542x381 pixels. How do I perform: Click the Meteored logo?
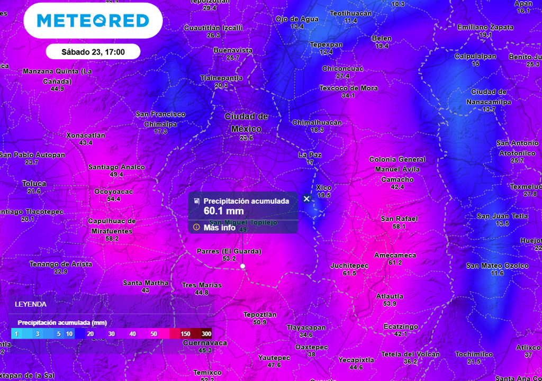(93, 21)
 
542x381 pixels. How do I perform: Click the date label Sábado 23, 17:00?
(93, 52)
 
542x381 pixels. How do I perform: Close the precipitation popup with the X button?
(306, 199)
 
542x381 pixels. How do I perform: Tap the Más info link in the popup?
(219, 228)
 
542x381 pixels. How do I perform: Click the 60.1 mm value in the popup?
(223, 211)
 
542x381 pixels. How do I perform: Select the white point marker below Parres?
(242, 266)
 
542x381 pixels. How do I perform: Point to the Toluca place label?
(34, 184)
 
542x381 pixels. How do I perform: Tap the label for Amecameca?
(395, 255)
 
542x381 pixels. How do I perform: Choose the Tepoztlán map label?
(259, 314)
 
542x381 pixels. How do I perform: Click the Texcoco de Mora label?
(348, 88)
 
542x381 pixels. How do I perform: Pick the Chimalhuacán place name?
(317, 122)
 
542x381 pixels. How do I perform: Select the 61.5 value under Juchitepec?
(349, 273)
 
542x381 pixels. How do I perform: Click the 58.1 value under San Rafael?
(399, 226)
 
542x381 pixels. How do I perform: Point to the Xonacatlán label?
(86, 135)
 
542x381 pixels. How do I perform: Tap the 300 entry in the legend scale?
(206, 334)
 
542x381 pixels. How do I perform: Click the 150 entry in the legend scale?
(185, 334)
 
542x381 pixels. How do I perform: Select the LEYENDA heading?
(30, 304)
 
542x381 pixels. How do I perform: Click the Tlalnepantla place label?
(221, 78)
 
